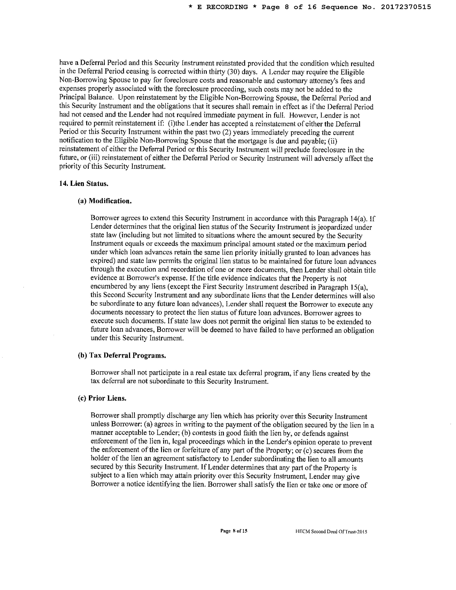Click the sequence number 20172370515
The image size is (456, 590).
coord(406,7)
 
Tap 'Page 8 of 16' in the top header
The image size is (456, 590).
coord(289,7)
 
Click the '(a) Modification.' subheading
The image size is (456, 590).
coord(105,201)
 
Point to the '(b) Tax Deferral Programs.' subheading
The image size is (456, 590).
coord(122,356)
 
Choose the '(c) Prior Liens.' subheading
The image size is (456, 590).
coord(102,398)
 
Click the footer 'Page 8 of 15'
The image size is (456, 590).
coord(234,531)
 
